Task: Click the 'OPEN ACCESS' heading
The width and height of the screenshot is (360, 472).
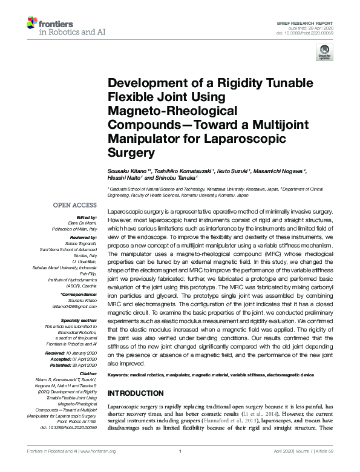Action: tap(75, 205)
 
